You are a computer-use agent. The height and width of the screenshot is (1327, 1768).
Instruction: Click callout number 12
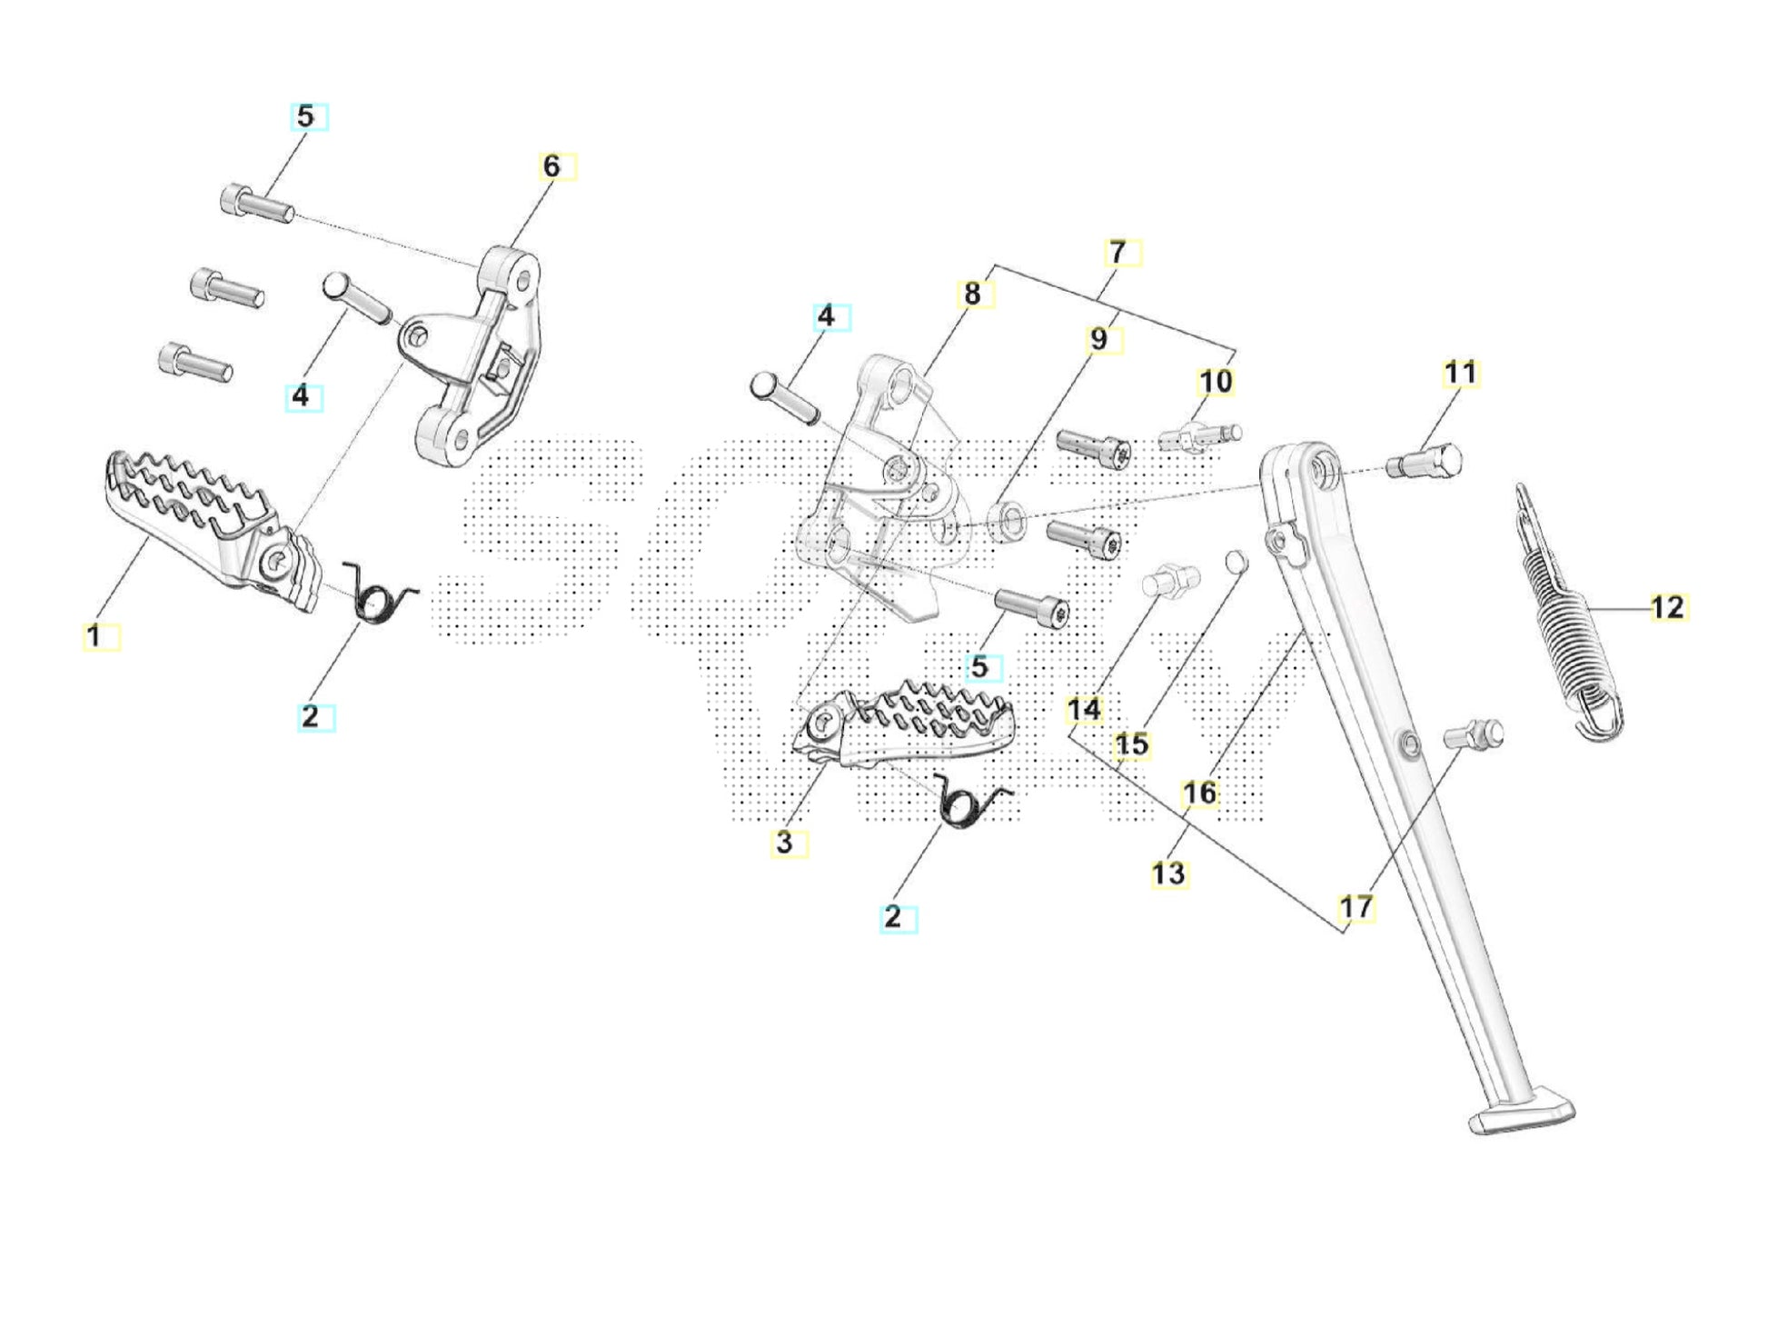click(x=1667, y=607)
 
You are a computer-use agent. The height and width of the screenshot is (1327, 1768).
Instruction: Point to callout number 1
click(x=94, y=636)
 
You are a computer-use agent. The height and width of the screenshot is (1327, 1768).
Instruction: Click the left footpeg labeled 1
click(x=209, y=527)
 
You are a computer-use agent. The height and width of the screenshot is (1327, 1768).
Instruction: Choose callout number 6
click(x=551, y=166)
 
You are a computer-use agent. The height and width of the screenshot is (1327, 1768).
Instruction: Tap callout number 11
click(x=1460, y=374)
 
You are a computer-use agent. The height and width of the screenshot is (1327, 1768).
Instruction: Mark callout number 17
click(x=1356, y=907)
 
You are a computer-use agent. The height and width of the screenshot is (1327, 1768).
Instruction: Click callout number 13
click(x=1168, y=873)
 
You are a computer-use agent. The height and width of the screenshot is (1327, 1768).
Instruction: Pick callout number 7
click(x=1117, y=252)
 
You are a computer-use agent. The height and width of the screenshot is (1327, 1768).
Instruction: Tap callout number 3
click(x=785, y=843)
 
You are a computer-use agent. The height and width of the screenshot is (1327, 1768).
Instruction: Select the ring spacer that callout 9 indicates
click(x=1006, y=522)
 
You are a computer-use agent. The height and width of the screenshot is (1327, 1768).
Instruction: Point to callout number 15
click(x=1131, y=745)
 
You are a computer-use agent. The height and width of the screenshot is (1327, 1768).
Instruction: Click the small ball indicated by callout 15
click(x=1237, y=563)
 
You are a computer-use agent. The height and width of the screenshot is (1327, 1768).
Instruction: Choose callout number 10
click(x=1216, y=382)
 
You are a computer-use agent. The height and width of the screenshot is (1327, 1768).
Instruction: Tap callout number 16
click(x=1199, y=793)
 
